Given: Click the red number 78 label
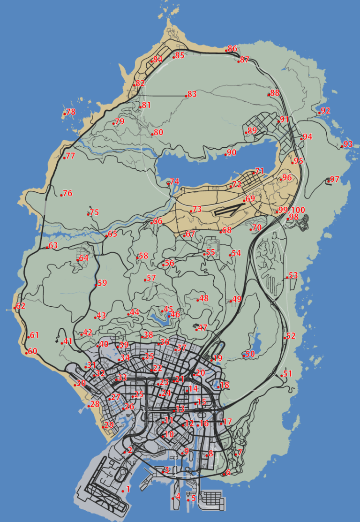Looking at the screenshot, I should point(71,112).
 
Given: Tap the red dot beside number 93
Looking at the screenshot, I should point(342,147).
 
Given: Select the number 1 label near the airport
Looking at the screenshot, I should point(128,489).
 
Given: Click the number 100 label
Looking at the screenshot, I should point(298,210).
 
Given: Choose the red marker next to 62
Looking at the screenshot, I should point(15,308).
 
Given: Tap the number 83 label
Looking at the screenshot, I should point(192,94).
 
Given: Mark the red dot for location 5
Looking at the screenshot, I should point(188,500).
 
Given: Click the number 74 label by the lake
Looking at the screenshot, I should point(175,182).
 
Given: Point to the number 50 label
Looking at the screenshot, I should point(250,354).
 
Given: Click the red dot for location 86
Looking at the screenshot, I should point(225,50).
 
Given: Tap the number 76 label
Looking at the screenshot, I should point(68,193).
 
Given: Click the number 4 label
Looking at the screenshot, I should point(178,497).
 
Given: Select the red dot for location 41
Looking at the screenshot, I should point(62,343).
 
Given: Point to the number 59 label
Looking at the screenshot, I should point(102,283).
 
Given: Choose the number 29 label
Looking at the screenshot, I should point(109,425).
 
